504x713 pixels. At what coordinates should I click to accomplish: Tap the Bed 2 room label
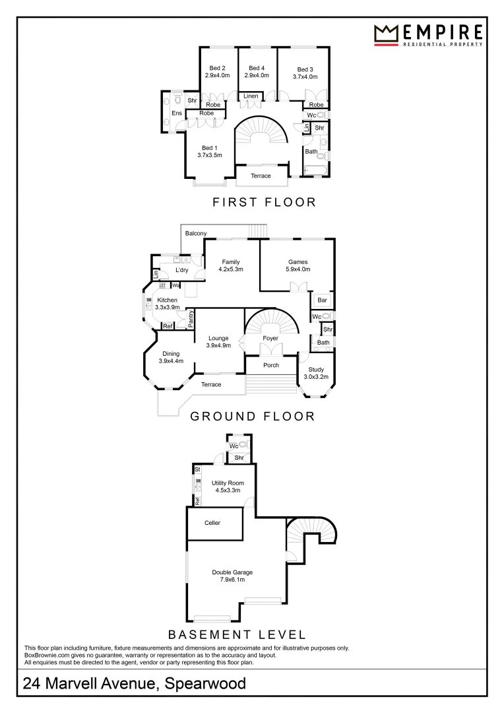[x=218, y=68]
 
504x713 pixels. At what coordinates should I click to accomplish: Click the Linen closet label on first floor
[x=251, y=96]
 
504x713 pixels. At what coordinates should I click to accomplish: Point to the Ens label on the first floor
[x=177, y=114]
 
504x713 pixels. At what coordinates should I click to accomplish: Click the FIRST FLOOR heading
[x=264, y=202]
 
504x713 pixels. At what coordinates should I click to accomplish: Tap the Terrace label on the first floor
[x=261, y=176]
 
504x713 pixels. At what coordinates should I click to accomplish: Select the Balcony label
[x=196, y=233]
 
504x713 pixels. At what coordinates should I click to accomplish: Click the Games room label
[x=298, y=262]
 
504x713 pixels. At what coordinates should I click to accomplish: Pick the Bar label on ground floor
[x=322, y=300]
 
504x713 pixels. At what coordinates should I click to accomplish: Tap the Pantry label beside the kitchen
[x=191, y=318]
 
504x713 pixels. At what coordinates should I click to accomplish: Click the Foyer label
[x=270, y=339]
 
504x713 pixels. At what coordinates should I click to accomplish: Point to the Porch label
[x=271, y=365]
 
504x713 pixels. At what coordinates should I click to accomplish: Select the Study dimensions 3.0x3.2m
[x=315, y=377]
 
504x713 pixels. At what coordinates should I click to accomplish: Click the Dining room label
[x=171, y=354]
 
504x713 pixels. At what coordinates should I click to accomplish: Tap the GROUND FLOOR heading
[x=252, y=416]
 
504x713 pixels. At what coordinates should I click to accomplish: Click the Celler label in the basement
[x=212, y=523]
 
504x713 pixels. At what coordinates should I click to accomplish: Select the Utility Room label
[x=228, y=483]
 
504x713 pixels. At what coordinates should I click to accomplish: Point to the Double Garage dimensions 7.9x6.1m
[x=232, y=580]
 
